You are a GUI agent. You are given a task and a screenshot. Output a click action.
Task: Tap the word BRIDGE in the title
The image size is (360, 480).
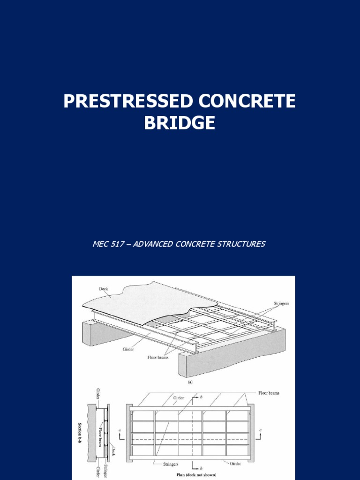point(180,123)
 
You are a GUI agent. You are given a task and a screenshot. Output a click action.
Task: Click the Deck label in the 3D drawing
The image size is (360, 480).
point(104,289)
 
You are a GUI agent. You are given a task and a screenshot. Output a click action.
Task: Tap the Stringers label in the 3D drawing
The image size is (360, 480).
point(281,303)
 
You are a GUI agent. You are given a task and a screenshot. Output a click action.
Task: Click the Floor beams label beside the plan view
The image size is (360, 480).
point(269,393)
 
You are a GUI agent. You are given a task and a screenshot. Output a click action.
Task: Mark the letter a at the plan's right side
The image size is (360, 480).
point(260,430)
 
